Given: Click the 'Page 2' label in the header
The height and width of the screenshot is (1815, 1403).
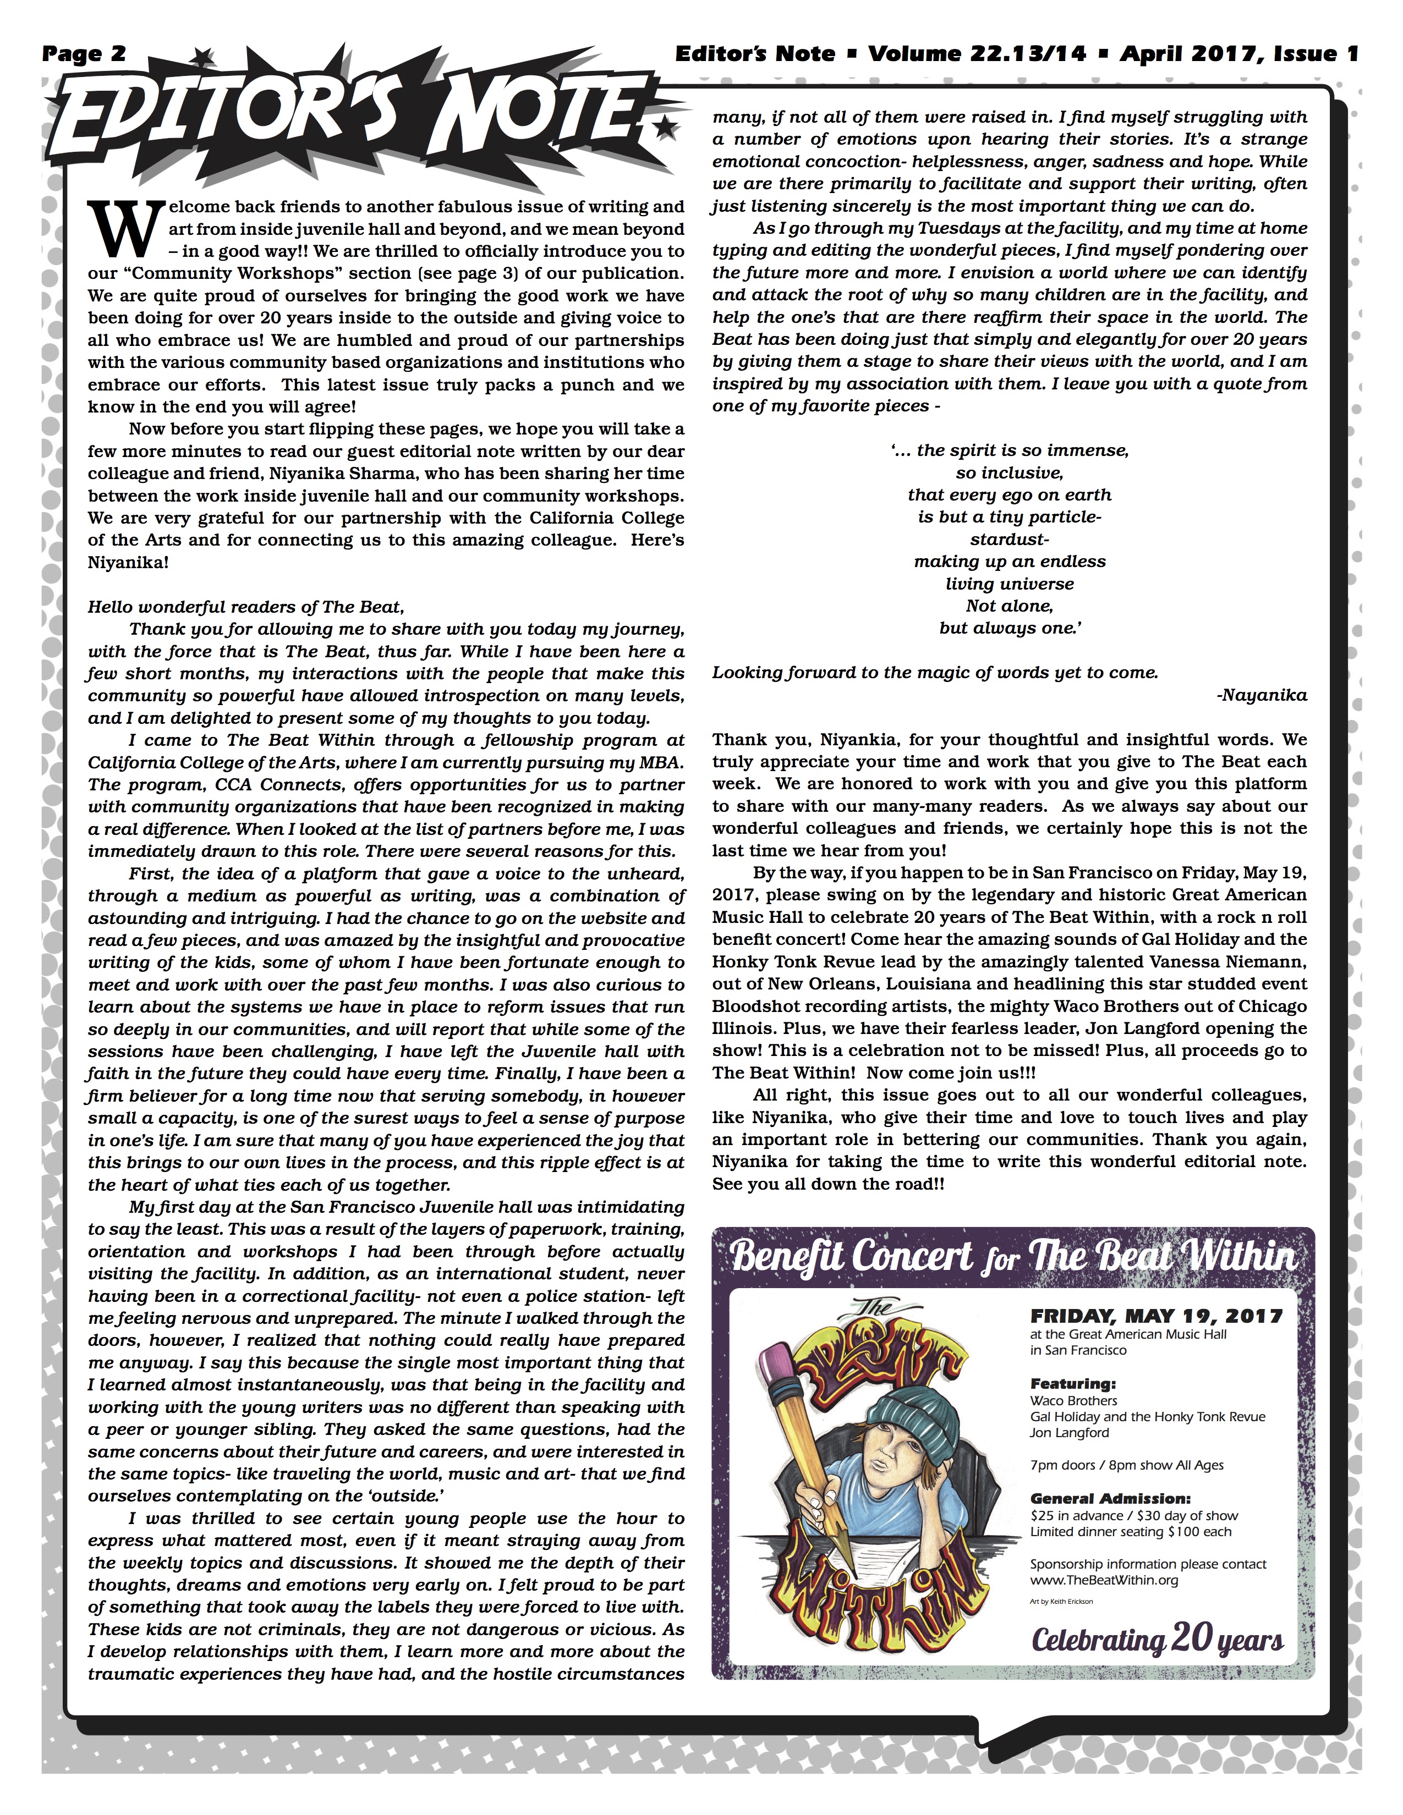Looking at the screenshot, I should [84, 54].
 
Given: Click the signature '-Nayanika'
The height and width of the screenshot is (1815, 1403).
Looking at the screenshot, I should [1261, 695].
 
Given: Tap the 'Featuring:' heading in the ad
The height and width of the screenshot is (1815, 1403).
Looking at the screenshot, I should [1073, 1384].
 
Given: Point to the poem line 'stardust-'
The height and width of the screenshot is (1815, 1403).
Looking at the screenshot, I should [1009, 538].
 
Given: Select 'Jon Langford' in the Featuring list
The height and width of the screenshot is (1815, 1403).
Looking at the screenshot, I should [1069, 1433].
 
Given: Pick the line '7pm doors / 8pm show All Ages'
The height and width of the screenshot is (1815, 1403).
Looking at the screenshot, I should [1126, 1465].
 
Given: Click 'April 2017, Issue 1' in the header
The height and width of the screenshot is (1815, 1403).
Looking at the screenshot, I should [1238, 54].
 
